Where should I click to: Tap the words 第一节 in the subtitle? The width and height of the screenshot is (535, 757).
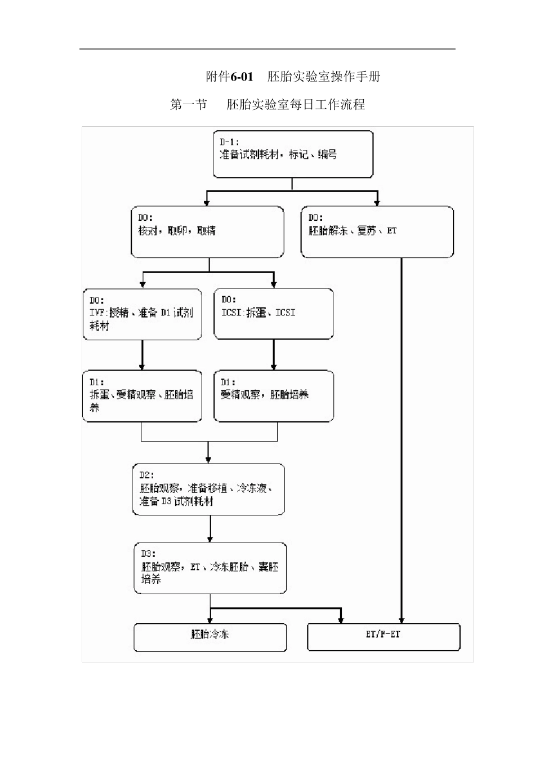point(189,105)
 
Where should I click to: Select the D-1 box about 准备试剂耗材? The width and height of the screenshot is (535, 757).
point(293,154)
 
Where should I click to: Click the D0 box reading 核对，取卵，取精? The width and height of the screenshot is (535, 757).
point(207,231)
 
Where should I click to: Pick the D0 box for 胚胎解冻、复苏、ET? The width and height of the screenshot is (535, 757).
point(377,231)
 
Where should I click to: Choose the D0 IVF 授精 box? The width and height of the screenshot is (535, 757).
point(142,314)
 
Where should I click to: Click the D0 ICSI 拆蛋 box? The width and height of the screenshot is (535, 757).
point(274,314)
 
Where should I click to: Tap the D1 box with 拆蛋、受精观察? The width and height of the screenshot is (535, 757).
point(142,396)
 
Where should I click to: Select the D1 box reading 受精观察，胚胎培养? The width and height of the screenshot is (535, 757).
point(274,396)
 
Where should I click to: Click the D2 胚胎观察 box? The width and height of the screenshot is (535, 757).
point(208,489)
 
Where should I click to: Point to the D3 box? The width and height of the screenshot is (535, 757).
point(210,568)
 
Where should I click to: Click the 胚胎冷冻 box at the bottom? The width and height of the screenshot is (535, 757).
point(210,637)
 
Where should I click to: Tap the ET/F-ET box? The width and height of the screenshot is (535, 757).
point(384,637)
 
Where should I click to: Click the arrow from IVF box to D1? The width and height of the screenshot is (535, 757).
point(142,355)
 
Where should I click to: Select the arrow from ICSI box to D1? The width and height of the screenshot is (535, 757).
point(274,355)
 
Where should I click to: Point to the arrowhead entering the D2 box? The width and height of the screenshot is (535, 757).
point(208,459)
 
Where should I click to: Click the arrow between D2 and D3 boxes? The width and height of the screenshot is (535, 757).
point(210,529)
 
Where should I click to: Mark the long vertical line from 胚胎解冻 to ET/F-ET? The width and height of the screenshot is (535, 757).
point(402,439)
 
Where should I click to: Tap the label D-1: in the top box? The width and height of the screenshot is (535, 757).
point(229,143)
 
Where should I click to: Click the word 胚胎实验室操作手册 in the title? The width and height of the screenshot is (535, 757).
point(324,77)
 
